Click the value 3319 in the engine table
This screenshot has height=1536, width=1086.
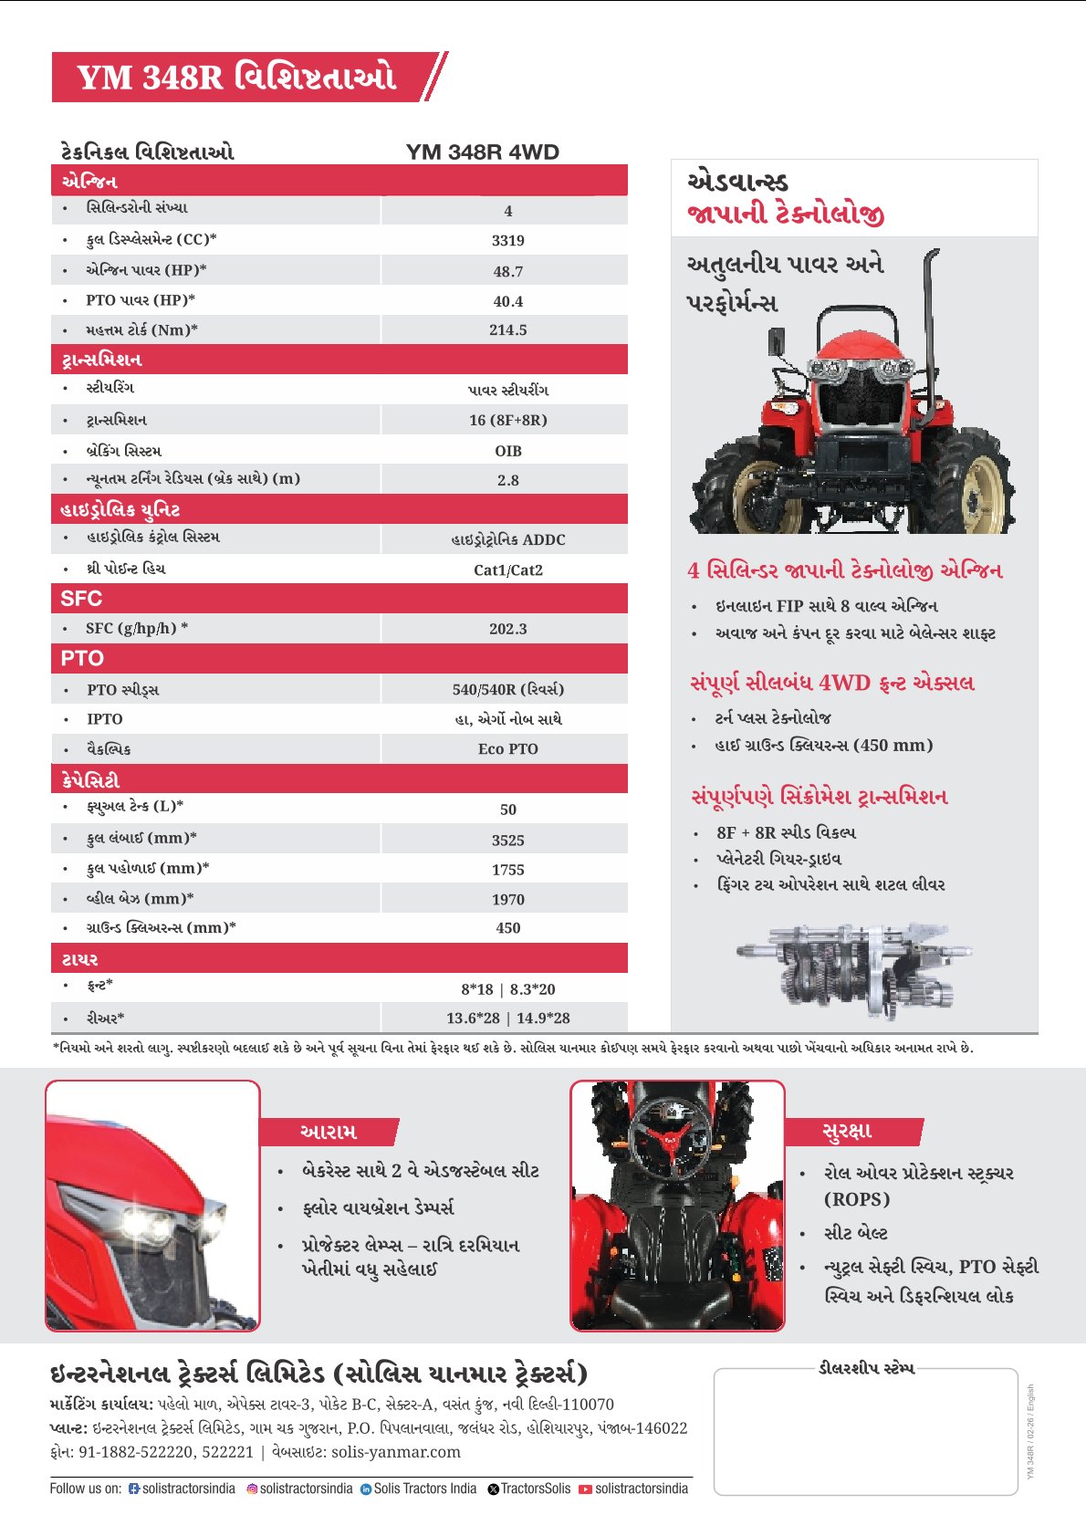507,241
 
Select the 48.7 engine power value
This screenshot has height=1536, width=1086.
507,272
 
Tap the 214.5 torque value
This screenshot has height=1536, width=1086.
507,330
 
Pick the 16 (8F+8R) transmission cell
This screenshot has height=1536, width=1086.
507,421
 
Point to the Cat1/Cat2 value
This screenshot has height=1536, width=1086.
507,570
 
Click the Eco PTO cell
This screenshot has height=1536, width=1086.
507,749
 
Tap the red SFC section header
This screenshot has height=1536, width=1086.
339,599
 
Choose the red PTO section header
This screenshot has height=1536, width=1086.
339,658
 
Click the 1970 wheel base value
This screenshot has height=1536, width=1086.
507,900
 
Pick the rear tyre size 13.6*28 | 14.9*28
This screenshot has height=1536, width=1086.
507,1019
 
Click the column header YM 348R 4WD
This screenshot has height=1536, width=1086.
482,152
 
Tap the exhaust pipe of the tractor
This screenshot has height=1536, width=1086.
930,338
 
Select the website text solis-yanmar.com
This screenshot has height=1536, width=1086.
395,1452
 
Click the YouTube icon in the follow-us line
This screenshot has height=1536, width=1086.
585,1489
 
